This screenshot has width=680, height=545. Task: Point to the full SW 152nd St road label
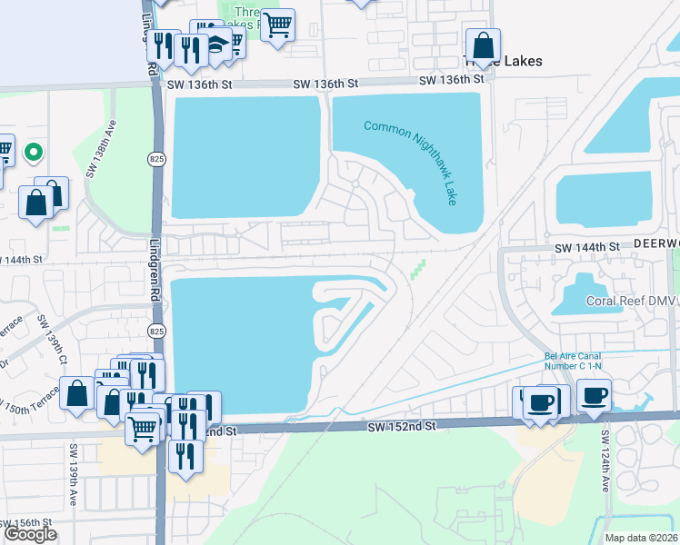pos(402,425)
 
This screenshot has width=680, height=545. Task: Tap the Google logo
pos(30,534)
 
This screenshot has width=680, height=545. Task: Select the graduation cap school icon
pos(219,44)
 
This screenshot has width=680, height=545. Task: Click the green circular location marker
pos(34,152)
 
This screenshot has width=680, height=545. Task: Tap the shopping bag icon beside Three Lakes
pos(484,45)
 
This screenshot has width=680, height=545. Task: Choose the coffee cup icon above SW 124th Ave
pos(594,396)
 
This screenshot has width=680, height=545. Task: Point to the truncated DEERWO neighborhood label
pos(656,246)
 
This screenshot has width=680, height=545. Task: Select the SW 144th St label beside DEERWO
pos(587,246)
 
